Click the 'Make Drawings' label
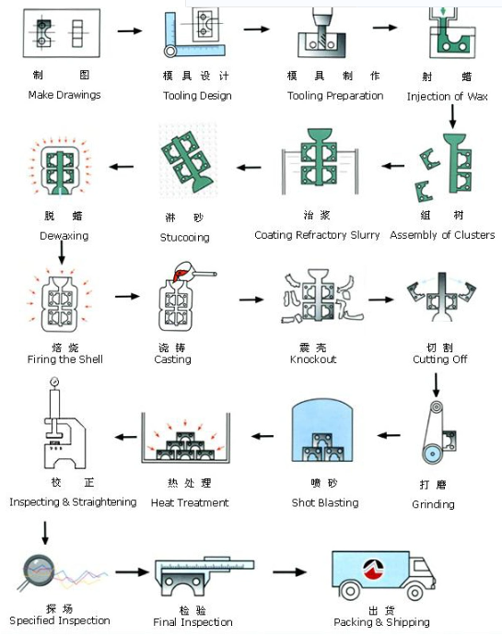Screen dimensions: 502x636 [x=64, y=95]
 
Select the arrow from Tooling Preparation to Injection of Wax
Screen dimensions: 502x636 [x=385, y=28]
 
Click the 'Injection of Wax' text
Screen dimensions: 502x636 [x=447, y=97]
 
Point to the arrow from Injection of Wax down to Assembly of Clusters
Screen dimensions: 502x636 [x=452, y=116]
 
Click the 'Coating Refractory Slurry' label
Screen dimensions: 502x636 [x=317, y=235]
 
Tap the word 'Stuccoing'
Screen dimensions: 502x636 [x=184, y=237]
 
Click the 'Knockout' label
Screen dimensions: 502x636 [x=313, y=359]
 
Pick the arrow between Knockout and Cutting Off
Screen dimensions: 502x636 [x=381, y=300]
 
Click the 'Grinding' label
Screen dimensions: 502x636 [x=433, y=504]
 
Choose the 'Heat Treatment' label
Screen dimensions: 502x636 [x=190, y=503]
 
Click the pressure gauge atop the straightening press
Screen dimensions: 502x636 [x=54, y=383]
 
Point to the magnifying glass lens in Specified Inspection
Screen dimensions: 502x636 [x=39, y=570]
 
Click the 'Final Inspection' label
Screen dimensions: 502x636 [x=193, y=622]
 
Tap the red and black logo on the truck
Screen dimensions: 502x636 [x=373, y=569]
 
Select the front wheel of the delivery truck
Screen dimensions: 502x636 [x=414, y=593]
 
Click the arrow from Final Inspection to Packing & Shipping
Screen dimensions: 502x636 [x=289, y=571]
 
